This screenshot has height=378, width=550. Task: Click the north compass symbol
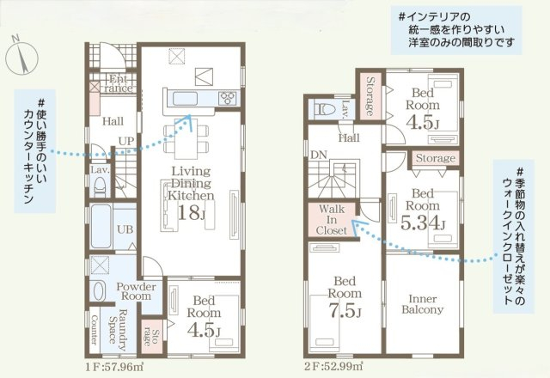pyautogui.click(x=22, y=55)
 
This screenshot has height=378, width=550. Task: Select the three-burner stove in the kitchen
pyautogui.click(x=227, y=98)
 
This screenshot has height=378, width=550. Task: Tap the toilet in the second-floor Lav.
pyautogui.click(x=324, y=109)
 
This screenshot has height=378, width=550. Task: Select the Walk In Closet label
pyautogui.click(x=332, y=220)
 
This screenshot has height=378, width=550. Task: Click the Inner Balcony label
pyautogui.click(x=422, y=304)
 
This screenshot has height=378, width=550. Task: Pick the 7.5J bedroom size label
pyautogui.click(x=345, y=309)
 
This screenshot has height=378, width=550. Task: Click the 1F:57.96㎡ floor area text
pyautogui.click(x=114, y=367)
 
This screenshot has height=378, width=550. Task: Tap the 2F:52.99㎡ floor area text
pyautogui.click(x=333, y=367)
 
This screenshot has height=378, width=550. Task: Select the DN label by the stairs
pyautogui.click(x=319, y=155)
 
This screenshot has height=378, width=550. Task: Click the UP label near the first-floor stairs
pyautogui.click(x=126, y=141)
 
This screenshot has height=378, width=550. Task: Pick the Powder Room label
pyautogui.click(x=136, y=291)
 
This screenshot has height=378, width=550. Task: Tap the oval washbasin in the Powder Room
pyautogui.click(x=98, y=290)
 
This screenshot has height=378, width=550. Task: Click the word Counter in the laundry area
pyautogui.click(x=95, y=330)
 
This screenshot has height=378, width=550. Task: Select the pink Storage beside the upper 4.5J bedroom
pyautogui.click(x=370, y=97)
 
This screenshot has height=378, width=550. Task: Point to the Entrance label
pyautogui.click(x=119, y=83)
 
